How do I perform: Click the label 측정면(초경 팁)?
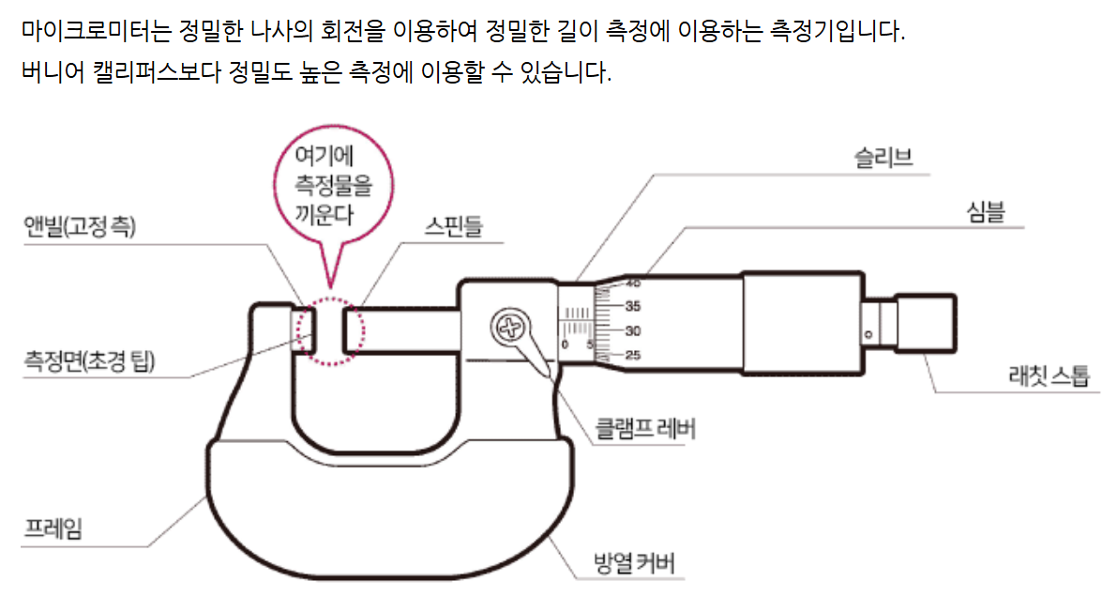[90, 360]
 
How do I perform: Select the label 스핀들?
[455, 226]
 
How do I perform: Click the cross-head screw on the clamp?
[509, 329]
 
